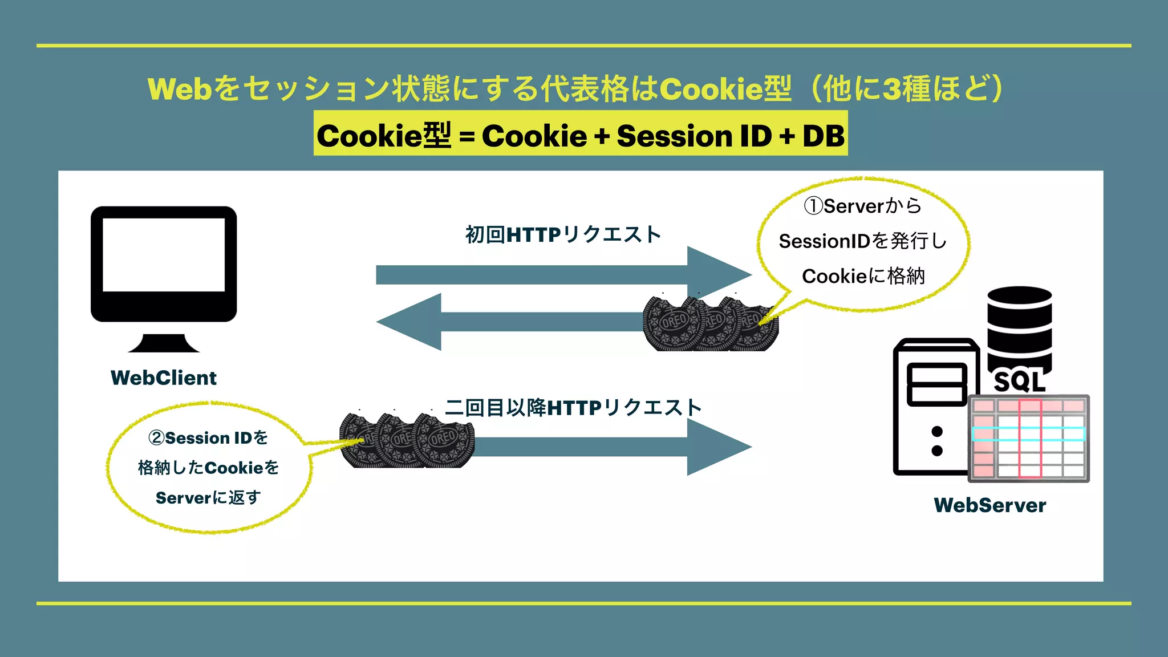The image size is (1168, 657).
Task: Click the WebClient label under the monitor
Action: [x=164, y=378]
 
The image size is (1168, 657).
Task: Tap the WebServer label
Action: [x=989, y=505]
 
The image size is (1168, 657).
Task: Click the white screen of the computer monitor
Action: [x=164, y=254]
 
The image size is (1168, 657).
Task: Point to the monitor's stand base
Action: [x=164, y=344]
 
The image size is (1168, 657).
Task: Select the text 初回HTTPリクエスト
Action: [x=563, y=234]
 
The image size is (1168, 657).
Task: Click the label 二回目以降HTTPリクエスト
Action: [x=573, y=408]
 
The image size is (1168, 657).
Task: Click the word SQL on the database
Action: [x=1019, y=381]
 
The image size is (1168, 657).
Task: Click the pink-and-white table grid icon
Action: [x=1028, y=438]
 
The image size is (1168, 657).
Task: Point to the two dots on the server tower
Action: [x=936, y=441]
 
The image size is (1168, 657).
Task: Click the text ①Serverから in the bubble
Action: [x=862, y=206]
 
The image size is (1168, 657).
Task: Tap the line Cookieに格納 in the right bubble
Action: [x=863, y=276]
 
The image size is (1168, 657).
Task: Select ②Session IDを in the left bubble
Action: [x=208, y=437]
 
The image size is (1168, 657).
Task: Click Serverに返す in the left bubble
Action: [x=208, y=497]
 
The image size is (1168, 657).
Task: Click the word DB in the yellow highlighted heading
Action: [x=823, y=136]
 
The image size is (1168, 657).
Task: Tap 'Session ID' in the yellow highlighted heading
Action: [x=693, y=136]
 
